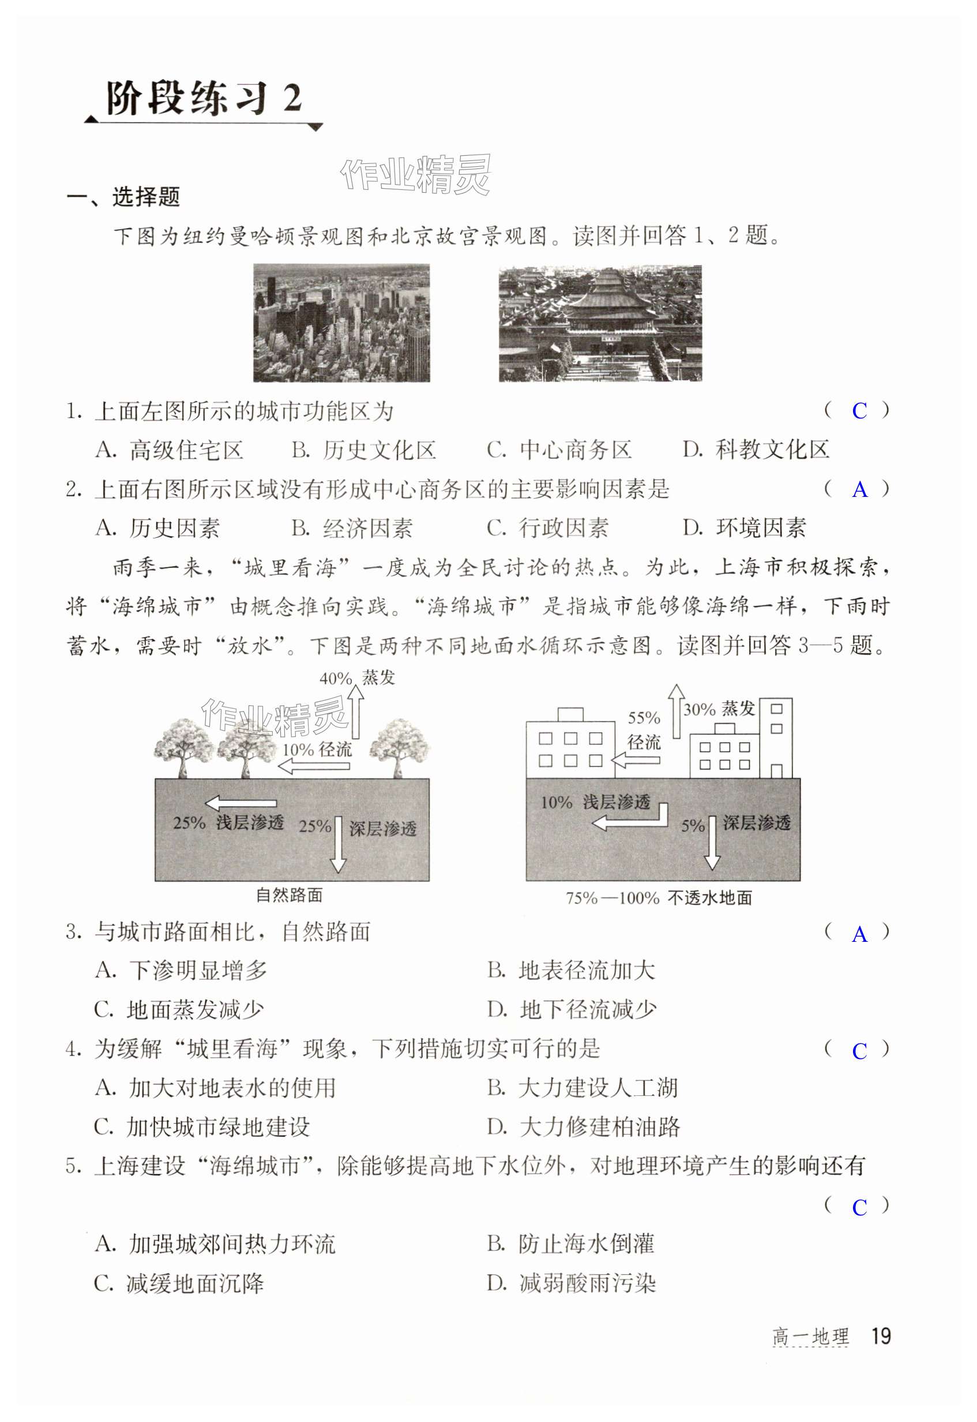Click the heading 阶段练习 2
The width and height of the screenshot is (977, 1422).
(x=204, y=98)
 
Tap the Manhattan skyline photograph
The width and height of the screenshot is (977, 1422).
(x=341, y=323)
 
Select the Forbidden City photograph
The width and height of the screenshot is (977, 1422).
(x=600, y=323)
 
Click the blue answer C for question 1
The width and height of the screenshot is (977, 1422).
(x=859, y=411)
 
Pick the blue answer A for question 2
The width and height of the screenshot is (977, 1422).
(x=859, y=489)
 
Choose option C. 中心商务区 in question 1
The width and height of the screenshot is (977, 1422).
(x=559, y=450)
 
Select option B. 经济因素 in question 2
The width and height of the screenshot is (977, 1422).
(x=352, y=528)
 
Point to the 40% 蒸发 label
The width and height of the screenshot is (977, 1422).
(x=357, y=678)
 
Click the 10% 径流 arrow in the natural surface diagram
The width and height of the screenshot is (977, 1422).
(x=315, y=765)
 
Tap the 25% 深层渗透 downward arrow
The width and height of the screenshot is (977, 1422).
(x=339, y=844)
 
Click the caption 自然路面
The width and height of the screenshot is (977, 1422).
(x=289, y=895)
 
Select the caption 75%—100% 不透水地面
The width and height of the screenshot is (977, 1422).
(x=659, y=898)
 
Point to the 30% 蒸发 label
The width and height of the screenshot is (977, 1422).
(x=719, y=709)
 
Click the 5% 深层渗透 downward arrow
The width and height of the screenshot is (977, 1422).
(x=712, y=842)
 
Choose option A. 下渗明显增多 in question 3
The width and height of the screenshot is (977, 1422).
(x=181, y=970)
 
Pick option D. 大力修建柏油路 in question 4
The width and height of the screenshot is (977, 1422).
(x=584, y=1127)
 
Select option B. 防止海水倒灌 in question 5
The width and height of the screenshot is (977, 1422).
(x=570, y=1244)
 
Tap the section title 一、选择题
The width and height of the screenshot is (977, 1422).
(x=123, y=197)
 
